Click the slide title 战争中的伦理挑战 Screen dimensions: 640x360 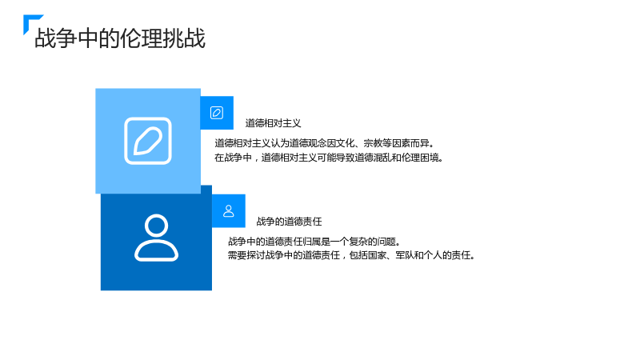[x=120, y=38]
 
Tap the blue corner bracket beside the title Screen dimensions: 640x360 [x=29, y=19]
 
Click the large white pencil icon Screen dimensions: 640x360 [x=148, y=141]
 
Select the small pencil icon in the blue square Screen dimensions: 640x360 [x=217, y=113]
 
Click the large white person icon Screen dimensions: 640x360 [x=156, y=238]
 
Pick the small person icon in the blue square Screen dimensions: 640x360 [x=229, y=211]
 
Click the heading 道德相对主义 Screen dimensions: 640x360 [x=273, y=123]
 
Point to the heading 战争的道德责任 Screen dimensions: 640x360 [x=290, y=222]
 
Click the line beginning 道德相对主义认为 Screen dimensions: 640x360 [x=325, y=143]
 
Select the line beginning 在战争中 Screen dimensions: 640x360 [x=329, y=158]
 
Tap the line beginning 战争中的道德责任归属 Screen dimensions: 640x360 [x=314, y=242]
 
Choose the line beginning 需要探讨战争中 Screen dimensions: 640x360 [x=351, y=255]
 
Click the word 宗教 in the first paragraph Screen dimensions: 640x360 [x=373, y=143]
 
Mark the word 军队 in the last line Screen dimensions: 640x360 [x=405, y=255]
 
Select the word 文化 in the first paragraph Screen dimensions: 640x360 [x=346, y=143]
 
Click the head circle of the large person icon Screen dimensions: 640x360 [x=156, y=226]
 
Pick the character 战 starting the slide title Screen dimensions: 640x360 [x=46, y=38]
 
